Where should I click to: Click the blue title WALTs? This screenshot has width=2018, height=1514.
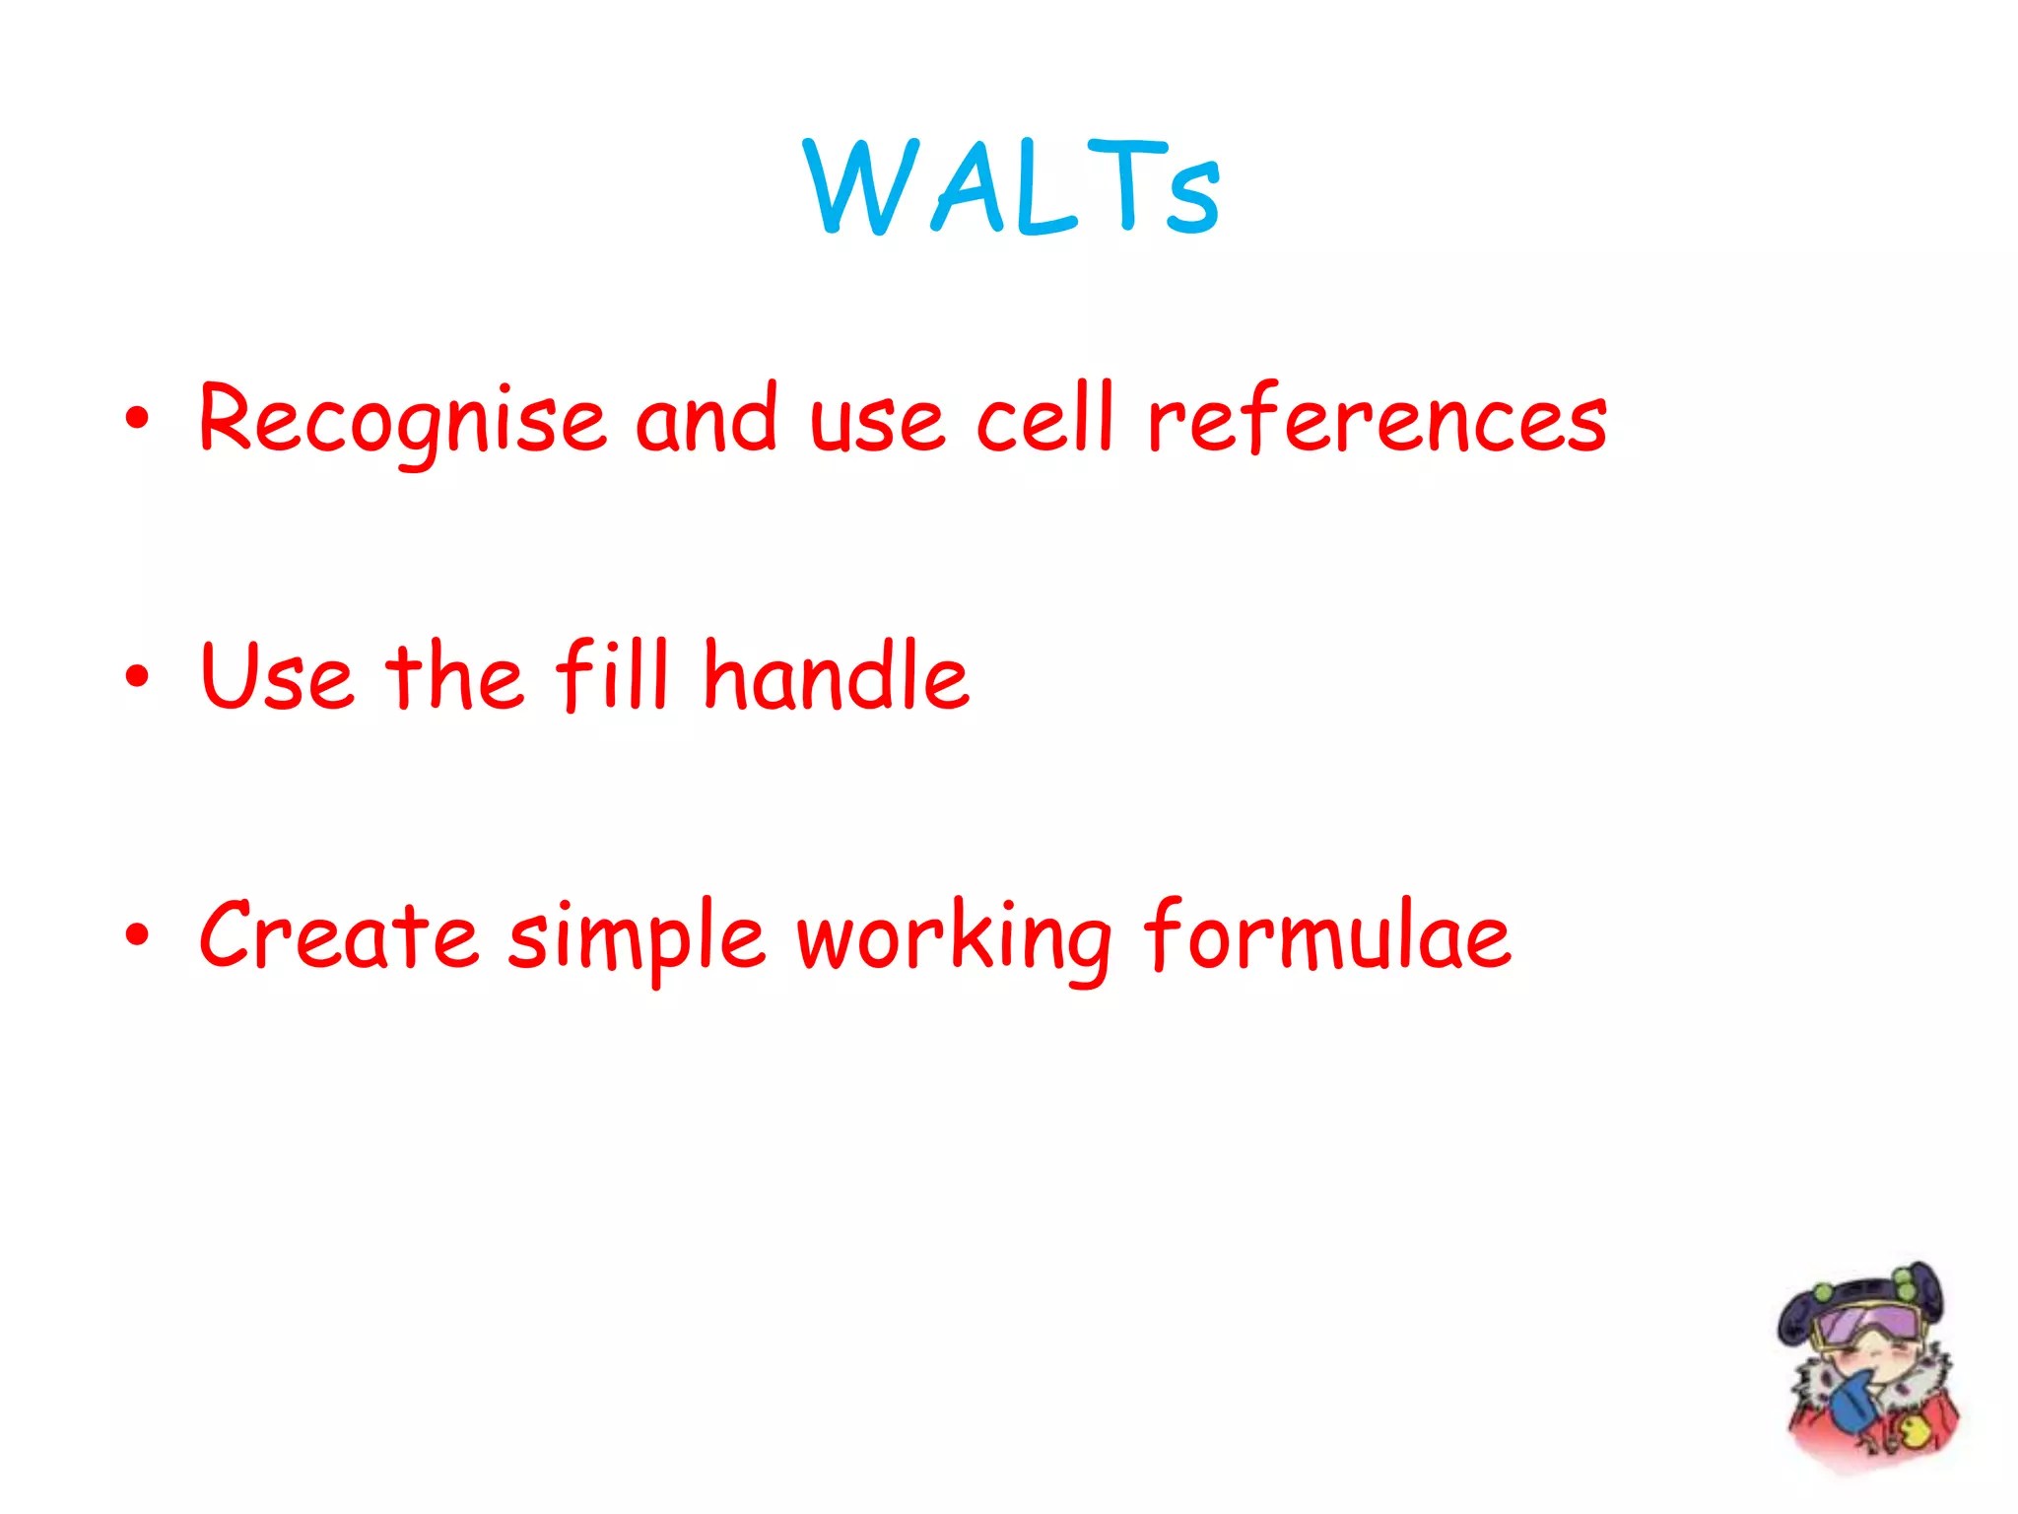coord(1013,186)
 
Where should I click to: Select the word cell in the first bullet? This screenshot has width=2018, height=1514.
coord(1045,418)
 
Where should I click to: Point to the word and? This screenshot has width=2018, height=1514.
coord(706,418)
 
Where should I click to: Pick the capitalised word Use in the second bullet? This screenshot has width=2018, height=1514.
coord(276,675)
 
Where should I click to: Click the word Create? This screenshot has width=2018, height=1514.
coord(338,933)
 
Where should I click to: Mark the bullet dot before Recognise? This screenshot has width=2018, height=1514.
coord(138,419)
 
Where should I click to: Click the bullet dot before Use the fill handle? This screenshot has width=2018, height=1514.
coord(138,676)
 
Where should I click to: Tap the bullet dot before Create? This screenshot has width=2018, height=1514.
coord(138,934)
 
